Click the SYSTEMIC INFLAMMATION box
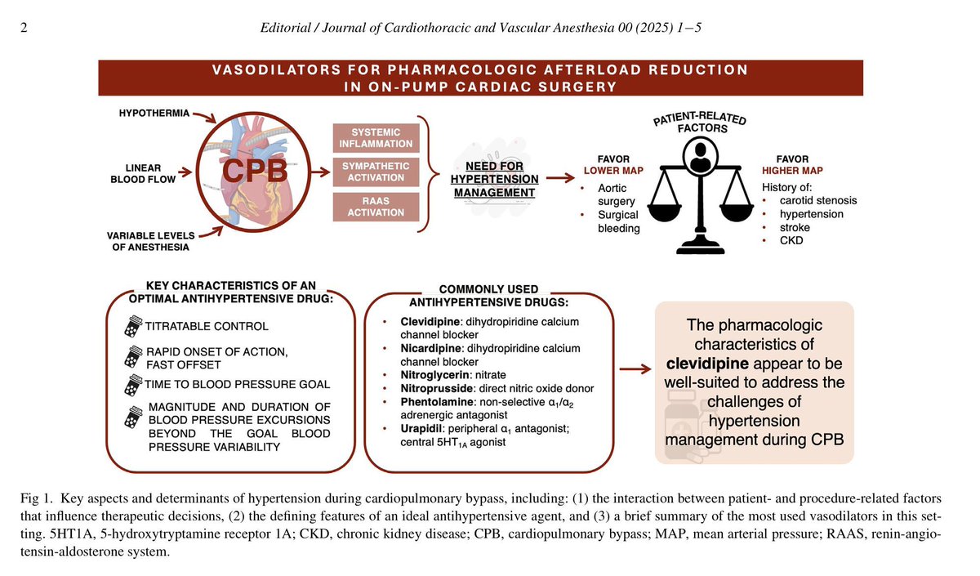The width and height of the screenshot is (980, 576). tap(375, 138)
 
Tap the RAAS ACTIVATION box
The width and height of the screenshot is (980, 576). tap(375, 206)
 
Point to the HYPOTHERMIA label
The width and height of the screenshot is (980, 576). tap(150, 114)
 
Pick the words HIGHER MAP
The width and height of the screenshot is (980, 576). tap(792, 170)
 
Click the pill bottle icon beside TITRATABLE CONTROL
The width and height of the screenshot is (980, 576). tap(131, 324)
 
